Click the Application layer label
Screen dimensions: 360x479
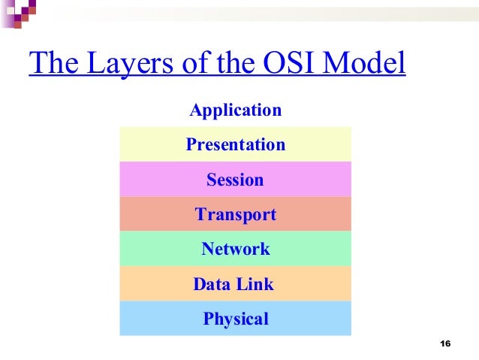click(235, 111)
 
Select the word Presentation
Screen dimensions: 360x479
click(235, 144)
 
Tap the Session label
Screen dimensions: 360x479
click(235, 180)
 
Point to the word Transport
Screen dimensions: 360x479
click(235, 215)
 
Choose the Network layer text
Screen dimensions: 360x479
click(235, 250)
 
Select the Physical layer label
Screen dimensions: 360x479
click(235, 319)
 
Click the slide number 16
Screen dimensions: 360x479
click(444, 344)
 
